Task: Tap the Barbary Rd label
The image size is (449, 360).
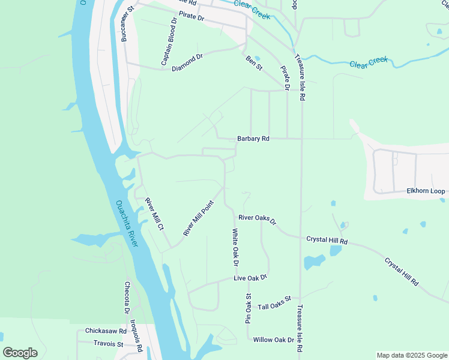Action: (253, 139)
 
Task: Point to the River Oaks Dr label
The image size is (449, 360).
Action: (257, 220)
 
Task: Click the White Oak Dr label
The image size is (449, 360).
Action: (236, 247)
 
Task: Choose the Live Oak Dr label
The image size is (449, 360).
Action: (250, 278)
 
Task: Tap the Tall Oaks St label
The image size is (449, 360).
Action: (274, 302)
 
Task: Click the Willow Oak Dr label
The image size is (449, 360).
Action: (274, 340)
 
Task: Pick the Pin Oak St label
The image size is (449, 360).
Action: (248, 308)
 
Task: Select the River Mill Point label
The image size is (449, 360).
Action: (199, 217)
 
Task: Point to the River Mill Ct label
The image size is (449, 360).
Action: (154, 214)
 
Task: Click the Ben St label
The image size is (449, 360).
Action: (255, 62)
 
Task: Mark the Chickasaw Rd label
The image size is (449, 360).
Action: (106, 331)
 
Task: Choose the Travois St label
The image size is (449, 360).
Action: (108, 344)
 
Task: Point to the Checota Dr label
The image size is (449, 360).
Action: (127, 298)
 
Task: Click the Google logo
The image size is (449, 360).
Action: (20, 352)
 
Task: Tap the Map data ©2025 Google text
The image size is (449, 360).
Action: (411, 355)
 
